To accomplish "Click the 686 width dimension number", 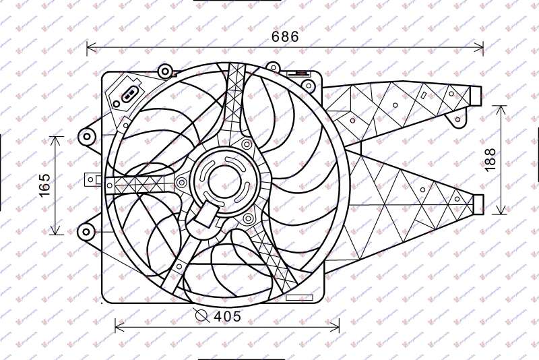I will tap(285, 37).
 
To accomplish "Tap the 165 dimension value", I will tap(44, 186).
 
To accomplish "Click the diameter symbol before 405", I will tap(201, 315).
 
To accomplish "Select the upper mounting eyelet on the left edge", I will tap(86, 137).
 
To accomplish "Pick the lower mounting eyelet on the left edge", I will tap(86, 232).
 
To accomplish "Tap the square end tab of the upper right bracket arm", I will tap(477, 96).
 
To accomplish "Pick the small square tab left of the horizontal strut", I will tap(89, 180).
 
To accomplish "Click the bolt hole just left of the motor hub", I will tap(181, 183).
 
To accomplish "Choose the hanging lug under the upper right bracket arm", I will tap(459, 121).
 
